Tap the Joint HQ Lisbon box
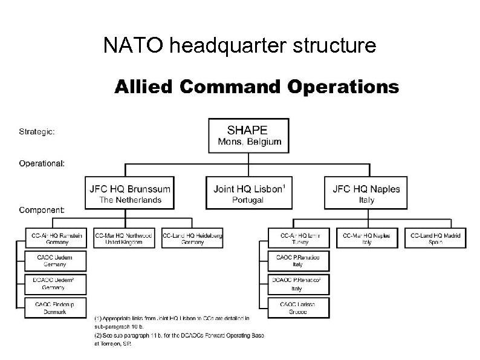coord(248,194)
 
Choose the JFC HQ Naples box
coord(366,194)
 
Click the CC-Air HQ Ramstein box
coord(56,238)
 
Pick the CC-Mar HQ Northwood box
coord(123,238)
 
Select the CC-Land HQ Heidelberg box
coord(192,238)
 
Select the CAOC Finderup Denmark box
coord(56,307)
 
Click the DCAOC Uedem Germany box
coord(56,284)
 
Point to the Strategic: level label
coord(38,130)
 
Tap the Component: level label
coord(43,210)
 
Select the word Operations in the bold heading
coord(343,87)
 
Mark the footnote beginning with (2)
coord(179,339)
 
